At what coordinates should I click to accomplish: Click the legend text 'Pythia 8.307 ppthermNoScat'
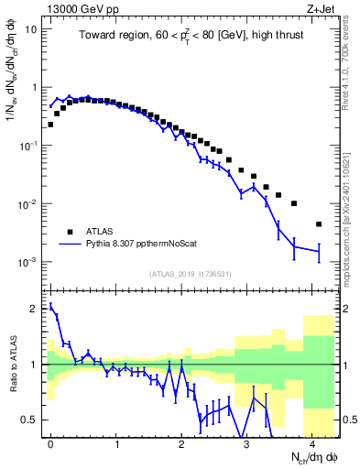click(150, 245)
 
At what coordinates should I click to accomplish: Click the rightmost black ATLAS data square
click(319, 224)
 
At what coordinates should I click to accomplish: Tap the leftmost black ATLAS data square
click(50, 124)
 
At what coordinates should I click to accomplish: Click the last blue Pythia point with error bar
click(319, 250)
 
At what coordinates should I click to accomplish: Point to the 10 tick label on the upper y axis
click(30, 29)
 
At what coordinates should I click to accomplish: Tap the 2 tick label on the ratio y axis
click(33, 308)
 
